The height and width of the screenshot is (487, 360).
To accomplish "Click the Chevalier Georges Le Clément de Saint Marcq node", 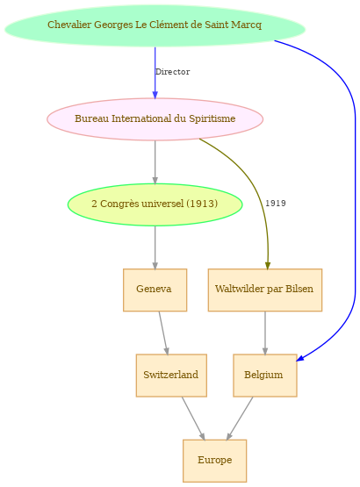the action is (x=155, y=25).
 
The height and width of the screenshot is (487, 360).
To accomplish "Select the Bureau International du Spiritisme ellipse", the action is (x=155, y=119).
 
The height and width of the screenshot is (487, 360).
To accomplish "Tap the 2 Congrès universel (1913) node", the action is (x=155, y=204).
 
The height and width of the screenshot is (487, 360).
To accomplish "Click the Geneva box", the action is (x=155, y=290).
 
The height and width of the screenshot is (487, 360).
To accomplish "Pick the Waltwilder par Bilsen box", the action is (x=265, y=290).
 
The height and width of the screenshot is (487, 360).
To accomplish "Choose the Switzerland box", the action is (x=171, y=376).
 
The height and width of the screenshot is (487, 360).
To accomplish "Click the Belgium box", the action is (x=265, y=376).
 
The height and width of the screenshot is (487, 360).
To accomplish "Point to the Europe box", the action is (x=214, y=461).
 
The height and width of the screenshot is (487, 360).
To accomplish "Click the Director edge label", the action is (x=173, y=72).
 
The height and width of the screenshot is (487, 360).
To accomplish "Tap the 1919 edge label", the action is (x=276, y=203).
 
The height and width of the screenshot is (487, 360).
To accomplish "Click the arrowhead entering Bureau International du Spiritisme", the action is (x=155, y=95).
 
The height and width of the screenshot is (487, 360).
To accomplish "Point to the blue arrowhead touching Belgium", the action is (x=300, y=358).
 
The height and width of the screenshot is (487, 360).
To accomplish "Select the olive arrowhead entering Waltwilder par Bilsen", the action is (x=268, y=266).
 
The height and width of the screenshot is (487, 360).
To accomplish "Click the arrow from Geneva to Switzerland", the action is (x=163, y=333).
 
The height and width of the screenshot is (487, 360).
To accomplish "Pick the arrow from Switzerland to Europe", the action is (x=193, y=418).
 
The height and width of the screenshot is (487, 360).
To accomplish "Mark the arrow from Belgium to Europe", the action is (x=240, y=418).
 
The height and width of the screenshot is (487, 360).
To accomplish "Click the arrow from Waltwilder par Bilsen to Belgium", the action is (x=265, y=333).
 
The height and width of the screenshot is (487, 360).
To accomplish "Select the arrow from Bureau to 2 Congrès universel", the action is (x=155, y=162).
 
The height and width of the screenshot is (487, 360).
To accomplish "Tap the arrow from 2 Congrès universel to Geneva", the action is (x=155, y=247).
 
